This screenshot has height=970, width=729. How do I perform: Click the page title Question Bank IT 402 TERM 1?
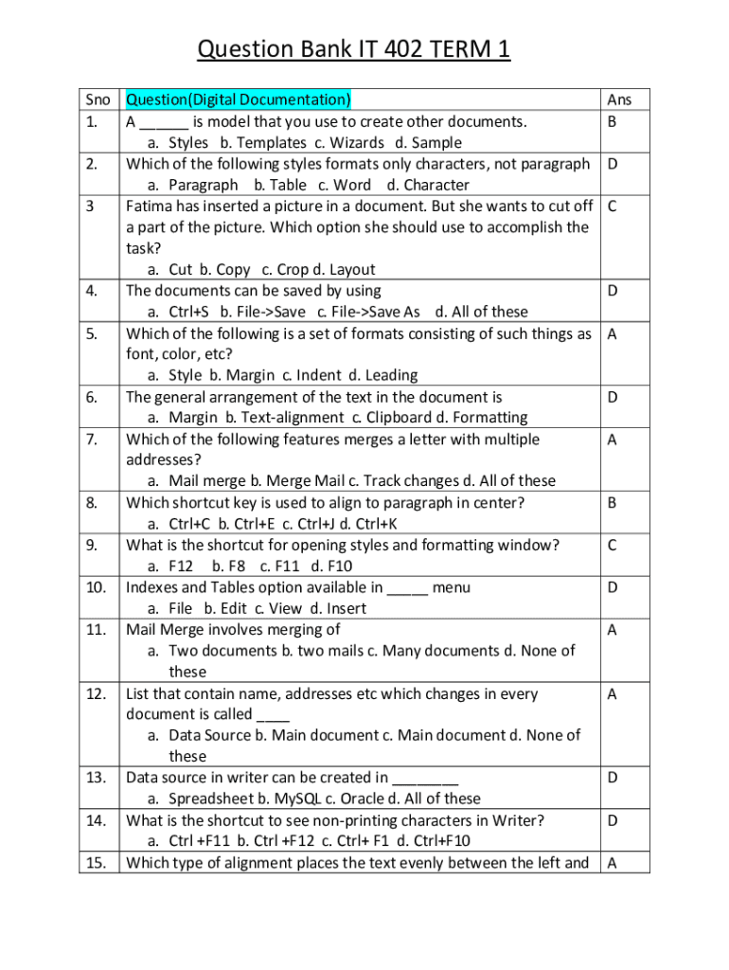point(353,49)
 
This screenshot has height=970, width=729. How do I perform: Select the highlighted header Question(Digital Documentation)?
point(239,99)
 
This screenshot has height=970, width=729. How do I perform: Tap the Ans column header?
point(619,99)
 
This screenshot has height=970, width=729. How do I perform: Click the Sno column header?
point(98,99)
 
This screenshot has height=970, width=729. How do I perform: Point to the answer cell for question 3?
point(613,206)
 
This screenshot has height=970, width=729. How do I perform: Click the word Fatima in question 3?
point(151,206)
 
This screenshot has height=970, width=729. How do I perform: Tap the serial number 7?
point(92,439)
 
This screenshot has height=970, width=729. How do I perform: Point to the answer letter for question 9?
point(613,545)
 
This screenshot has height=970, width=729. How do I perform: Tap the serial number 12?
point(96,693)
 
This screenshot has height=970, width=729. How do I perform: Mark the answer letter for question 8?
point(613,502)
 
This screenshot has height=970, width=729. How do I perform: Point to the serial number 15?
point(96,862)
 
